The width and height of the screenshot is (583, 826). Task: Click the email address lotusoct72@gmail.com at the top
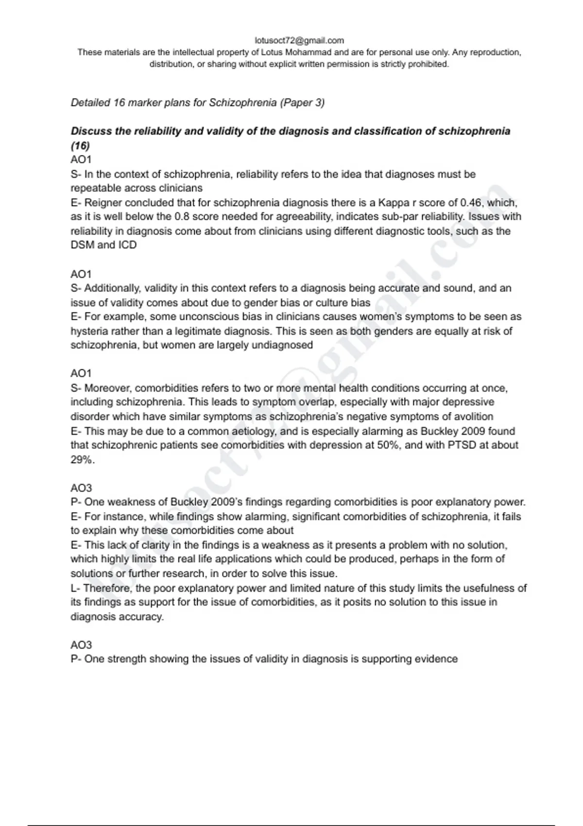pos(299,40)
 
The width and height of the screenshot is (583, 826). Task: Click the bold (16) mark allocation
pos(80,145)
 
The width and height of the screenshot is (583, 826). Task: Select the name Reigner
pos(101,203)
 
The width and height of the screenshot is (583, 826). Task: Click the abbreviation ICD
pos(128,245)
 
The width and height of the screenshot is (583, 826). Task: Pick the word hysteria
pos(91,331)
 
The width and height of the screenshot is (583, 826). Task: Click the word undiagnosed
pos(282,345)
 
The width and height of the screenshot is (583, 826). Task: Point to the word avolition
pos(473,417)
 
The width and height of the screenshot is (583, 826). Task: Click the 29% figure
pos(81,460)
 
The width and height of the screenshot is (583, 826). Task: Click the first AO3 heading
pos(81,488)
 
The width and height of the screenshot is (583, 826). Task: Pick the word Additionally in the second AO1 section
pos(112,288)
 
